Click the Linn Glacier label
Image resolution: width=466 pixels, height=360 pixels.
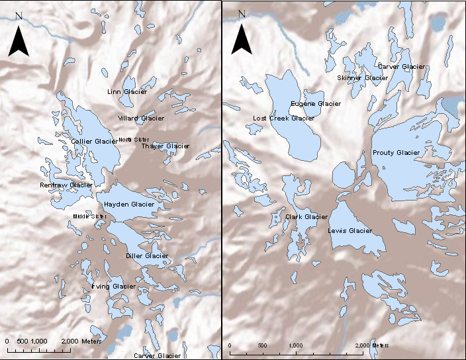click(x=127, y=91)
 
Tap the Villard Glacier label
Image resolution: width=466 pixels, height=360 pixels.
click(x=141, y=118)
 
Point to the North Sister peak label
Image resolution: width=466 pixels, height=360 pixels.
click(x=134, y=140)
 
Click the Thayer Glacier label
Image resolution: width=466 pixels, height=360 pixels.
click(x=165, y=146)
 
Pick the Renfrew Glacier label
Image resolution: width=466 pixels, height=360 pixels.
click(x=66, y=185)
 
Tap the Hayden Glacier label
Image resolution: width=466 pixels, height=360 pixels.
click(x=129, y=204)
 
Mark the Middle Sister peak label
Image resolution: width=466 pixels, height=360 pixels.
click(x=89, y=216)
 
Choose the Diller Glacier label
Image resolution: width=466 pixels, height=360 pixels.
click(x=147, y=255)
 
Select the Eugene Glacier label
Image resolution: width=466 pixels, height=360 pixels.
click(x=316, y=104)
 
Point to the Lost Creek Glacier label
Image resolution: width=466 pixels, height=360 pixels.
click(x=283, y=118)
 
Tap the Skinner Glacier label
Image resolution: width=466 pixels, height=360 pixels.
click(x=362, y=78)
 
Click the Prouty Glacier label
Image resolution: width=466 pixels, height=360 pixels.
click(x=396, y=153)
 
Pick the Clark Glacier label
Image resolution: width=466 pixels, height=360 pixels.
click(x=306, y=217)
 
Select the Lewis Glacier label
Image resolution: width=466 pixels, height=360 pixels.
click(x=350, y=231)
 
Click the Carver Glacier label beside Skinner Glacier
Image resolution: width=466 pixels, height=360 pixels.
click(x=401, y=67)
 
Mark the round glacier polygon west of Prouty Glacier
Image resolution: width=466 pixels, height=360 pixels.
click(x=344, y=176)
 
